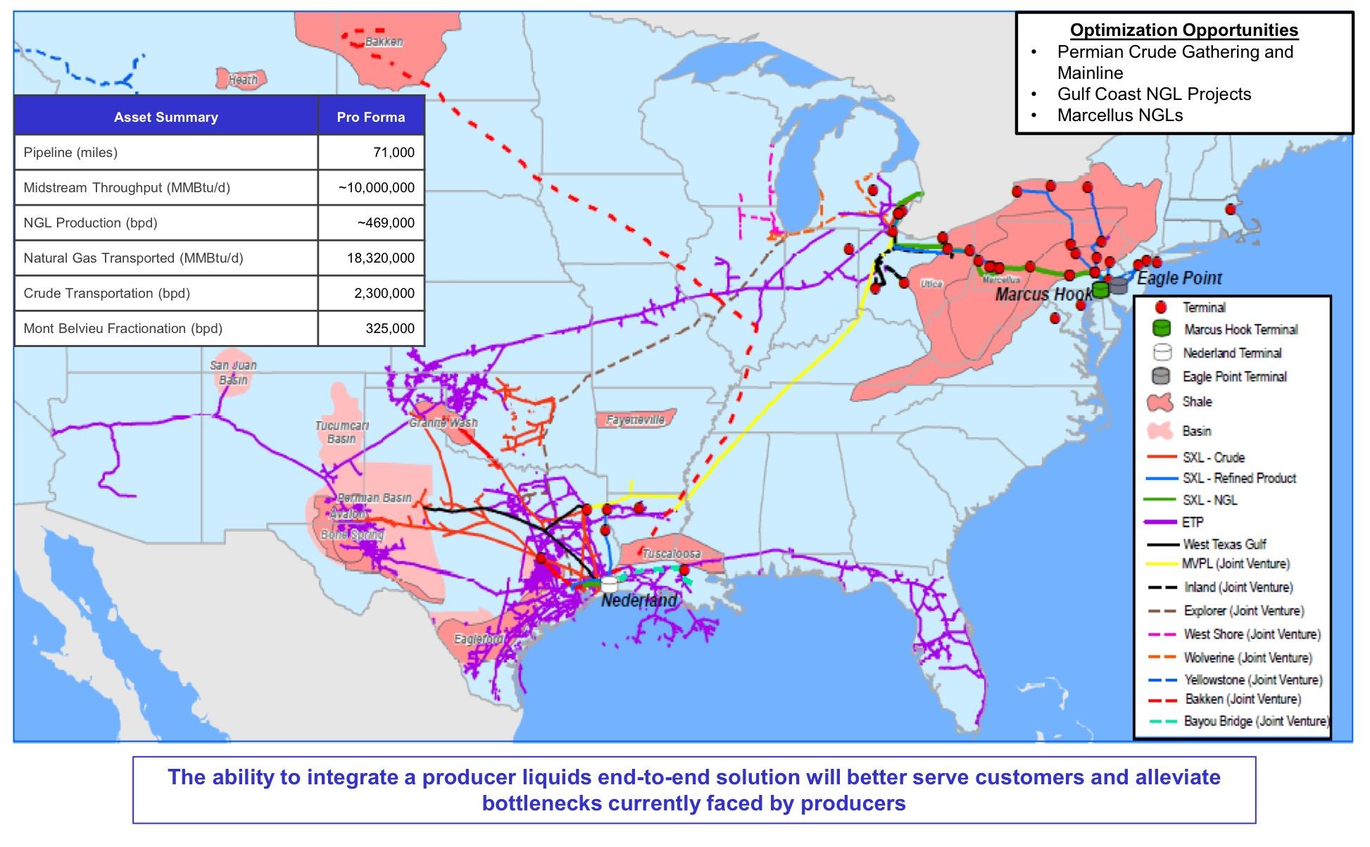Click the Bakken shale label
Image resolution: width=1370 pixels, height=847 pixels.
point(384,42)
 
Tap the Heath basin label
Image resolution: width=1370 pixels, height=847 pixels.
point(243,80)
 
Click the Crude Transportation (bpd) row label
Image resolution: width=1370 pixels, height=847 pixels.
point(107,293)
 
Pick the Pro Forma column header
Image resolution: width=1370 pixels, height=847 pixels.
point(370,117)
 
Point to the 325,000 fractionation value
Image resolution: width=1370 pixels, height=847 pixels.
point(389,328)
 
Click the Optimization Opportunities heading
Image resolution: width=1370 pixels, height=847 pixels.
point(1184,30)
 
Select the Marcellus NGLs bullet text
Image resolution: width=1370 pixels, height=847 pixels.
point(1119,115)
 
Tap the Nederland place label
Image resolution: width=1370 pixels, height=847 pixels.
point(639,601)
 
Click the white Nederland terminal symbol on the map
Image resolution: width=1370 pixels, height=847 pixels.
point(609,584)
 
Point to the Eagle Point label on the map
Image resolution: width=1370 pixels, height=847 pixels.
point(1179,278)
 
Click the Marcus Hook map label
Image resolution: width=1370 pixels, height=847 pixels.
point(1043,294)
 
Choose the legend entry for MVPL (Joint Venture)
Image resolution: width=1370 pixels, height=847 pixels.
point(1236,564)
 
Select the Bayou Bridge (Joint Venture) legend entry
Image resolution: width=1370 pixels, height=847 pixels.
point(1255,722)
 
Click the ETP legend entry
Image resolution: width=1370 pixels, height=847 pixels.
point(1193,522)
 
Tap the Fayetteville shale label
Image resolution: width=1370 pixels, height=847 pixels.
point(635,420)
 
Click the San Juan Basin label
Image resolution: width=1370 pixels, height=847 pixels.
point(233,372)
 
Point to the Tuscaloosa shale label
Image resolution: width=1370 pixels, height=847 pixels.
point(671,554)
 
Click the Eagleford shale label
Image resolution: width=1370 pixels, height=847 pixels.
point(479,639)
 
